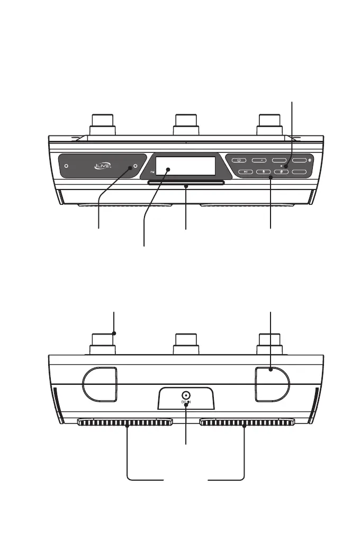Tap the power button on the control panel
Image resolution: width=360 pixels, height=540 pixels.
(239, 159)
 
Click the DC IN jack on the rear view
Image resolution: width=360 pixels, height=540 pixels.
(186, 395)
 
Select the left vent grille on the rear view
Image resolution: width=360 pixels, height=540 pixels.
(125, 422)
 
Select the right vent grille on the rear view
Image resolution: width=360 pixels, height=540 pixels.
(247, 422)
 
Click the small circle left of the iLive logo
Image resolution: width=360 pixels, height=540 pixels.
(67, 166)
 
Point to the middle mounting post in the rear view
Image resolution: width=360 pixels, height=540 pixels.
(186, 343)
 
